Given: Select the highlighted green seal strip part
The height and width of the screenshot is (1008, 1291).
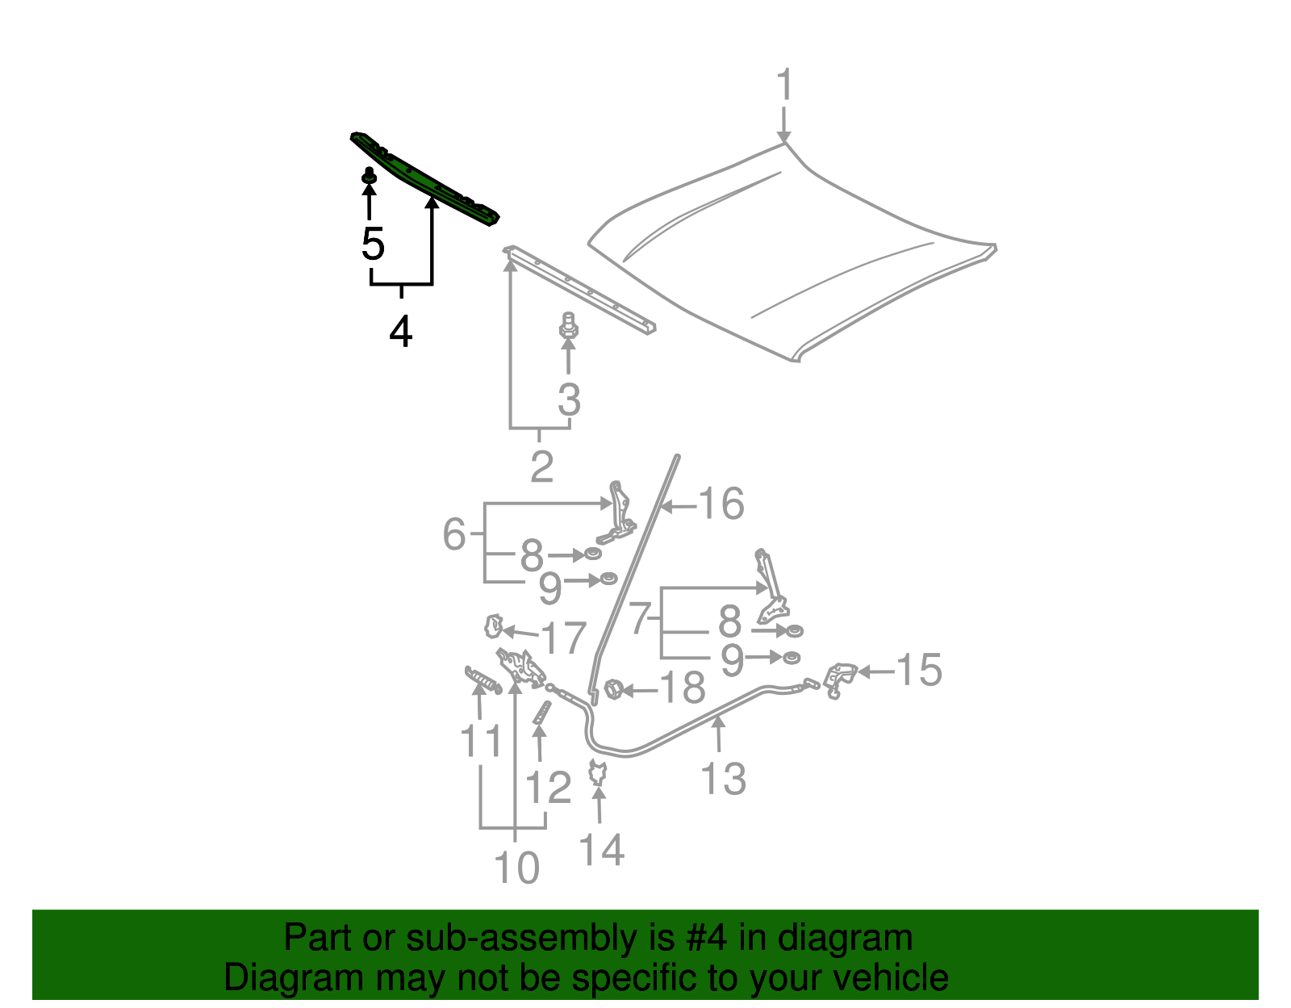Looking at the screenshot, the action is click(425, 178).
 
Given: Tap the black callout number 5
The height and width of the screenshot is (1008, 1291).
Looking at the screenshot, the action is click(372, 244).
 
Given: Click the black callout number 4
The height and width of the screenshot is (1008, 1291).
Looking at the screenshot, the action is click(401, 331).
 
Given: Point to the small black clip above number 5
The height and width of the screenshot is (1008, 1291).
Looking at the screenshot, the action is click(370, 176).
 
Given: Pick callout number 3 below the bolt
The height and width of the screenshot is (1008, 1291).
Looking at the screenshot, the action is click(569, 399).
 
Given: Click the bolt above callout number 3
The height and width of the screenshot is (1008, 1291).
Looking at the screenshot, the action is click(568, 328).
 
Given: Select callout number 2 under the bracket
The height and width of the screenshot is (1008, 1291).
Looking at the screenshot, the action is click(541, 466).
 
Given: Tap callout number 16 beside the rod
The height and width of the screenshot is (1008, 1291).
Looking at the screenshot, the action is click(721, 504).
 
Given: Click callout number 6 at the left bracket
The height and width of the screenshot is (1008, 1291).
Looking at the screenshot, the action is click(454, 534).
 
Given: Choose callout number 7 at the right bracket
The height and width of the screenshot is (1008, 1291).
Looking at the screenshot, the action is click(639, 619).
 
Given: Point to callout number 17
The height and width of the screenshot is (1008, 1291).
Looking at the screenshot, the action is click(562, 638).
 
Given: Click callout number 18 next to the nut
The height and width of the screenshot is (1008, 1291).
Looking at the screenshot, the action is click(683, 688).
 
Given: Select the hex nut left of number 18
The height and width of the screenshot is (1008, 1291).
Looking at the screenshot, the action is click(612, 690).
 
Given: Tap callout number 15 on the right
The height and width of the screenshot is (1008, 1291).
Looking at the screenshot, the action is click(918, 671).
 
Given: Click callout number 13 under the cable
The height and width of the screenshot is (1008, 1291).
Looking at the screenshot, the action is click(723, 779).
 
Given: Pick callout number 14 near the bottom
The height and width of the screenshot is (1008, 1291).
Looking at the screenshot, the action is click(602, 850).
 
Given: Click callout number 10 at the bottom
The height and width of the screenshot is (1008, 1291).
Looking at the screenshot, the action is click(516, 868).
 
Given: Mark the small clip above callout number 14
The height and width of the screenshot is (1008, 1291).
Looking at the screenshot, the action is click(598, 773).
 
